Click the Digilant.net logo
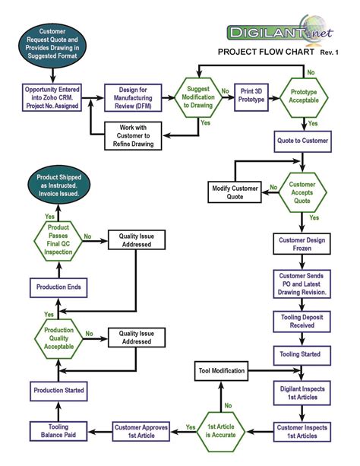pos(282,30)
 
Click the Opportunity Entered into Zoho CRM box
pos(54,97)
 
